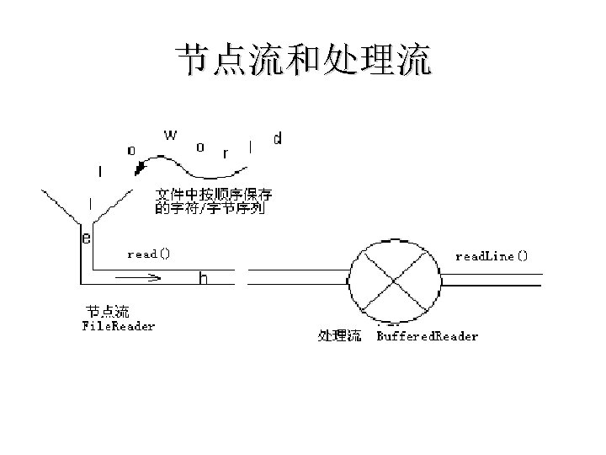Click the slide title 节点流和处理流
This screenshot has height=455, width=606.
[x=302, y=61]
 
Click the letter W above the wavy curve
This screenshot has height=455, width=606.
[x=170, y=135]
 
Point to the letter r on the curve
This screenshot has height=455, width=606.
[x=225, y=153]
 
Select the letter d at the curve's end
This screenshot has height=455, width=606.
[x=278, y=138]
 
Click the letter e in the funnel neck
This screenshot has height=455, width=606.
[x=87, y=238]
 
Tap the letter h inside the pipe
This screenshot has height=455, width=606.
[x=203, y=277]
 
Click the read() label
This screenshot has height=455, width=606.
[x=149, y=254]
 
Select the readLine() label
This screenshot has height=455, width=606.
[x=492, y=256]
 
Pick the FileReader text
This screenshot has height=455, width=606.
[x=118, y=325]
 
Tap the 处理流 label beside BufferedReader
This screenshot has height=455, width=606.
[x=339, y=336]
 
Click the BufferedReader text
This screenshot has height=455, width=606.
[x=427, y=336]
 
